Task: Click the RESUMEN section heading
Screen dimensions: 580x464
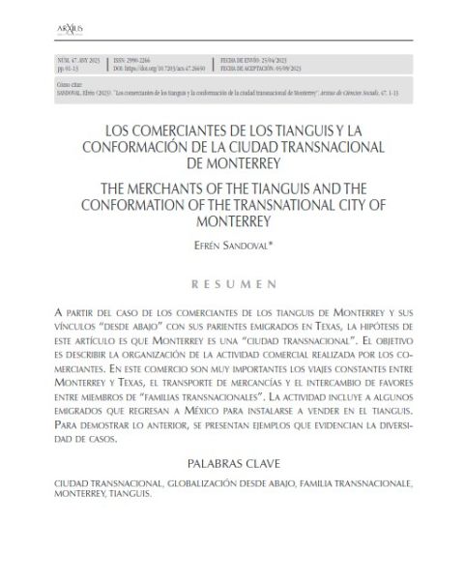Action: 231,285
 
